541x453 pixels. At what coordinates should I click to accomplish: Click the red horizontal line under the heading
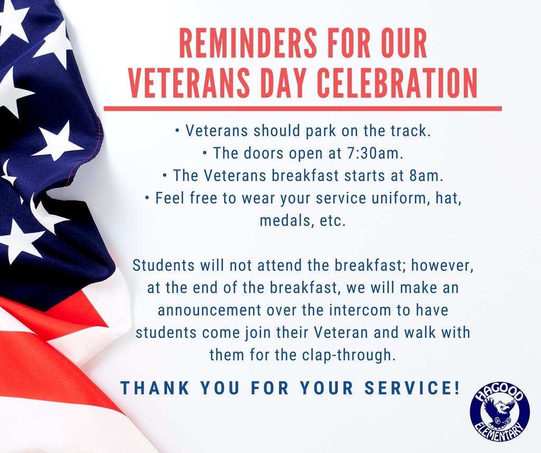pos(302,108)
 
